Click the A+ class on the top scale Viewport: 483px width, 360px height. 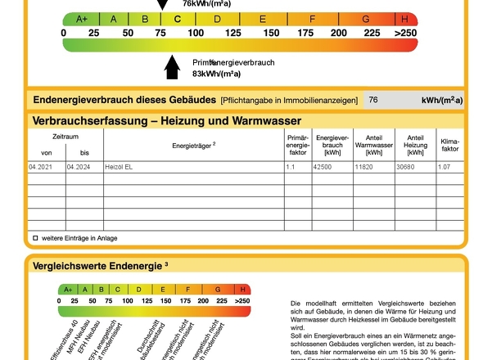tap(82, 19)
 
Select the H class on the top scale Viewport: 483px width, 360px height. tap(405, 19)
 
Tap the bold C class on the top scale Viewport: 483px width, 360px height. tap(177, 19)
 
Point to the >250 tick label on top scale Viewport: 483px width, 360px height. tap(405, 33)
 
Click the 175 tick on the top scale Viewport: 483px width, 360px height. tap(305, 33)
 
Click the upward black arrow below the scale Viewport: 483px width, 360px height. tap(172, 67)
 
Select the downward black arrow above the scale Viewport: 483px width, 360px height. tap(162, 5)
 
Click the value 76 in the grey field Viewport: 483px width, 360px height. tap(373, 100)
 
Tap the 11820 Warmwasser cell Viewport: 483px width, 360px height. tap(365, 167)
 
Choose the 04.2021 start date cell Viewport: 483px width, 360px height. tap(41, 167)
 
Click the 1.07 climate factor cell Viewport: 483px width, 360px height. tap(445, 167)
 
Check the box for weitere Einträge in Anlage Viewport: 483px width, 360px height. tap(35, 238)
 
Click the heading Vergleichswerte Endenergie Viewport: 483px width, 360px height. tap(97, 265)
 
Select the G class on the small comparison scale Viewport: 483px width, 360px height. tap(219, 289)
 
